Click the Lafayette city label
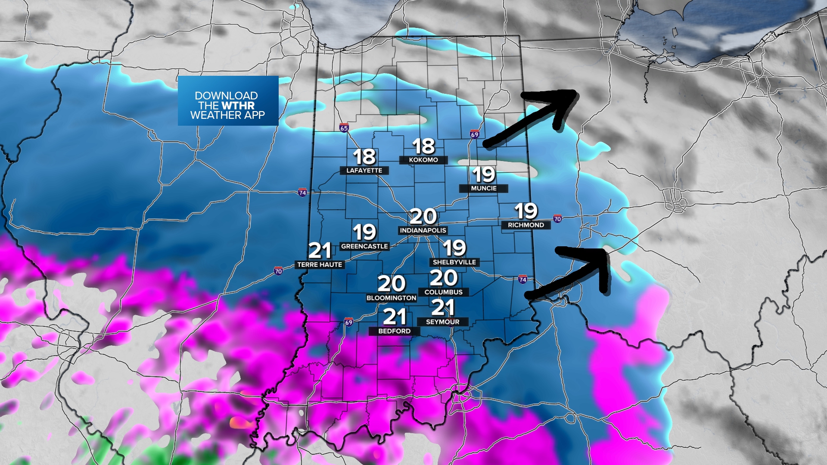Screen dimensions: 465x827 [x=364, y=170]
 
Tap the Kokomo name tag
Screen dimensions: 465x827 [x=423, y=160]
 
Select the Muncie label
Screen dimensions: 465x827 [x=483, y=189]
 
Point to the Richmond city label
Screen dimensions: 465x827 [x=525, y=225]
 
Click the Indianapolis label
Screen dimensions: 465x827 [x=423, y=230]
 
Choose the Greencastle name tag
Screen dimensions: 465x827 [x=364, y=246]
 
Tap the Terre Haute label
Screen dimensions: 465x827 [x=320, y=265]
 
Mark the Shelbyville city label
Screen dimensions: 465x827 [x=454, y=262]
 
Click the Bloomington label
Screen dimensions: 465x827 [x=391, y=298]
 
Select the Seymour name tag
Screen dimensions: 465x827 [x=442, y=322]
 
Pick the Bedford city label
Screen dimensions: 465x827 [x=394, y=331]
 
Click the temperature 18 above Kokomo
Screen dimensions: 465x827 [x=423, y=146]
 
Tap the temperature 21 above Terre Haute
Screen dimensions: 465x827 [x=320, y=251]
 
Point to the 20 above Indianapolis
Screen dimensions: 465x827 [x=423, y=217]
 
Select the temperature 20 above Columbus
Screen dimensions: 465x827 [x=443, y=278]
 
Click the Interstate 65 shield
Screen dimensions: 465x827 [x=344, y=128]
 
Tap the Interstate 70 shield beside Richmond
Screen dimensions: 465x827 [x=557, y=219]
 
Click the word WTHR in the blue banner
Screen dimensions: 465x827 [x=238, y=105]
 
